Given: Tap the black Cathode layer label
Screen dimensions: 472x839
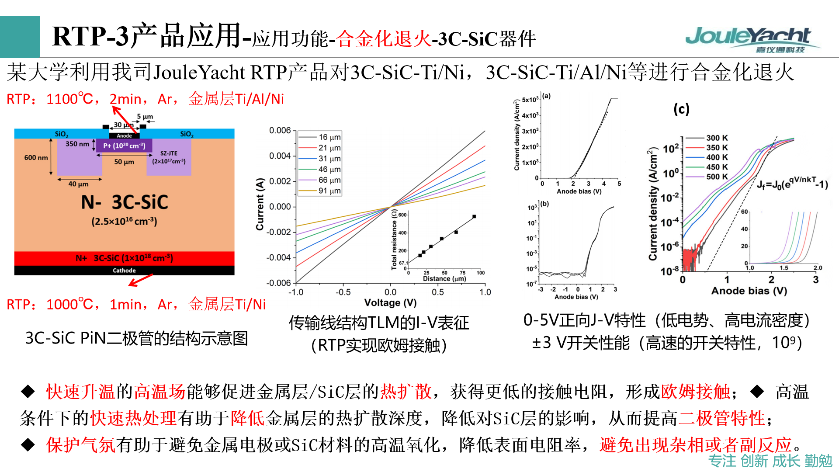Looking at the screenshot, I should coord(124,271).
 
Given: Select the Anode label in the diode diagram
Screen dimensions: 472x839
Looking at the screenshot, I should coord(124,136).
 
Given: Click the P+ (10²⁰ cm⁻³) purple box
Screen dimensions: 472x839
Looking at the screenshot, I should coord(124,146).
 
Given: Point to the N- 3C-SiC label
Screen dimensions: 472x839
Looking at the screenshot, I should coord(124,202).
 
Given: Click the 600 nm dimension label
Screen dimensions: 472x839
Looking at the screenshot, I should coord(36,157).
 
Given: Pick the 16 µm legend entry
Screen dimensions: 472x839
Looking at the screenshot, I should coord(329,137).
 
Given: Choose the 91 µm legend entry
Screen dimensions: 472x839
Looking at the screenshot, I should coord(329,191).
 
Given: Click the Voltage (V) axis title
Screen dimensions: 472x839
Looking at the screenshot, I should coord(390,302).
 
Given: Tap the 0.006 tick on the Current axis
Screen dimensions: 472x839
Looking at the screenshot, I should coord(280,130).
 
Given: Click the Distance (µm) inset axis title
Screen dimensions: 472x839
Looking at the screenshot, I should coord(444,279).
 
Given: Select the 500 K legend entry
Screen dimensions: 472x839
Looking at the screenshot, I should coord(717,177).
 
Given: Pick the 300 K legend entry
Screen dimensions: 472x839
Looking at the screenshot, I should coord(717,138).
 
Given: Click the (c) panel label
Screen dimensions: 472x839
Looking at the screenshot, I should coord(681,109).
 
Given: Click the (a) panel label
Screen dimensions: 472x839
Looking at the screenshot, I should coord(546,96).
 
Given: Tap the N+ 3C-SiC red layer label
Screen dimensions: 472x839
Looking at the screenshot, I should coord(124,258).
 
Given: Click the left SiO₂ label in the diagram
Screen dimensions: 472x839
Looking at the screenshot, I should coord(61,134).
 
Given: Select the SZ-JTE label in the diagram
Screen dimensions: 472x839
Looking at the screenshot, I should coord(169,153).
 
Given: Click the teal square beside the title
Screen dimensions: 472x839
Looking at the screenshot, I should coord(20,37).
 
